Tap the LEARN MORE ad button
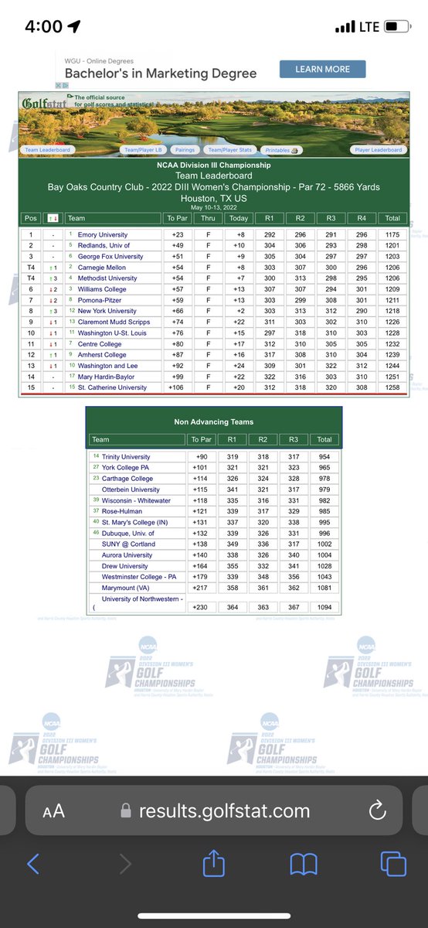(x=323, y=69)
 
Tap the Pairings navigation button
(x=184, y=150)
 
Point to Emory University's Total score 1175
(x=392, y=234)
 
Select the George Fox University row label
(x=110, y=256)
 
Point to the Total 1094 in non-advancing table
(x=324, y=608)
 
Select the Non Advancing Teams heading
(x=212, y=421)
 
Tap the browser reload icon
(x=378, y=810)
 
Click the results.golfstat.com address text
(x=224, y=811)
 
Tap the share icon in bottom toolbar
(x=214, y=863)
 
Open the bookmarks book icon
(x=304, y=863)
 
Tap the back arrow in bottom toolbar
(x=33, y=863)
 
